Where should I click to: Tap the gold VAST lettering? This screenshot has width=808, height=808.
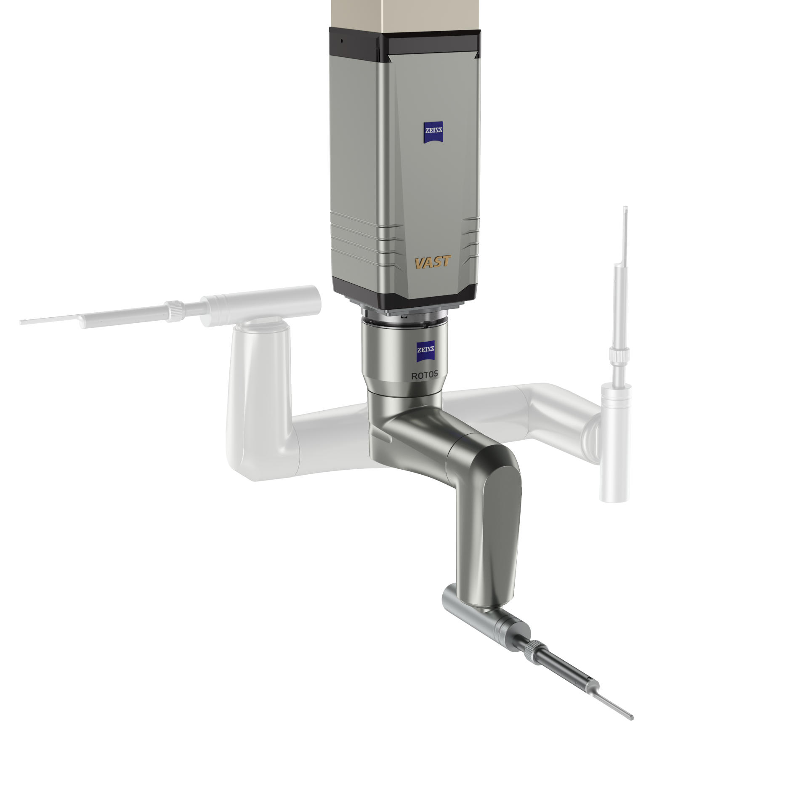[x=433, y=263]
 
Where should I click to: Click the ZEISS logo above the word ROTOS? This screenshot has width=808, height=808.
[x=425, y=353]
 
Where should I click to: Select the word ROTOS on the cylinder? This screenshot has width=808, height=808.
[x=424, y=375]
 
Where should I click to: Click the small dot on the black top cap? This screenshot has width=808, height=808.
[x=342, y=41]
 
